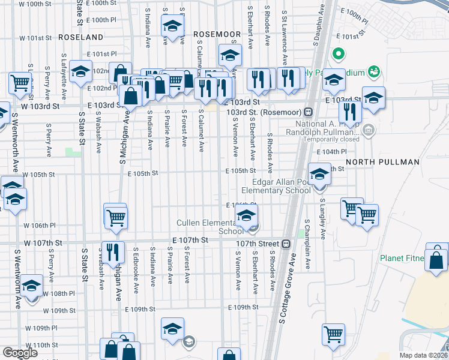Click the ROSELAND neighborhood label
pos(82,37)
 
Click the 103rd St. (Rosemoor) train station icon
pos(307,112)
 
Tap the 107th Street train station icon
pos(286,244)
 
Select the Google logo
pos(20,353)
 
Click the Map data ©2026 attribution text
pos(423,355)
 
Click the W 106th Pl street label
pos(40,226)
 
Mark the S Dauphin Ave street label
pos(315,27)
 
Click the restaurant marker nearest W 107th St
pos(112,252)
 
